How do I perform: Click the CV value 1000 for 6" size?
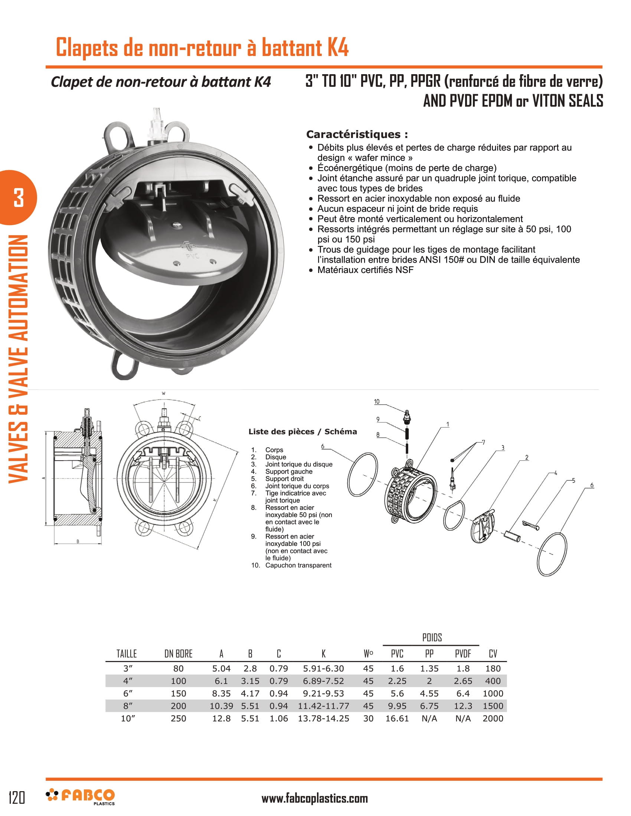(493, 694)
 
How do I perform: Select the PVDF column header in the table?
(463, 654)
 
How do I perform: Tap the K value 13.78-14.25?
(323, 718)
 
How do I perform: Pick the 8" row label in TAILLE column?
(128, 706)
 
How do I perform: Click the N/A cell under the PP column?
(429, 718)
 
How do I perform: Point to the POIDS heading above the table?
(432, 637)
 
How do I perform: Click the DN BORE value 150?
(178, 694)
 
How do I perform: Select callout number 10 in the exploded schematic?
(377, 402)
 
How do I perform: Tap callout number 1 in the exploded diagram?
(448, 424)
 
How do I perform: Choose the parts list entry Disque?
(275, 457)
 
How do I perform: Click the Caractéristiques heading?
(357, 134)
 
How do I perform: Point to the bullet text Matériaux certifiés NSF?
(365, 270)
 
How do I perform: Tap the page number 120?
(17, 797)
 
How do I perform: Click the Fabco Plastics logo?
(81, 797)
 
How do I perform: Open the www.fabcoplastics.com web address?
(314, 799)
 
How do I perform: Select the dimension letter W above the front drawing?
(163, 394)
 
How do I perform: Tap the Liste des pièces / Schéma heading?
(303, 431)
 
